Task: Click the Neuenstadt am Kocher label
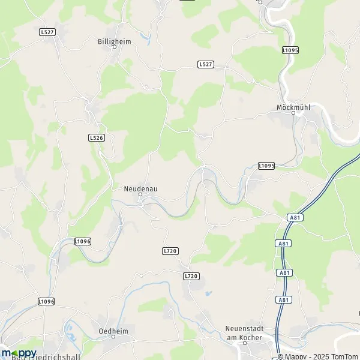pos(245,332)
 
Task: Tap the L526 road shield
pos(96,137)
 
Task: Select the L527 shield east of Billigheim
pos(205,64)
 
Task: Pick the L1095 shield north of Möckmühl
pos(289,50)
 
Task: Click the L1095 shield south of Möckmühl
pos(266,165)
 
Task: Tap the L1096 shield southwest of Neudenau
pos(83,241)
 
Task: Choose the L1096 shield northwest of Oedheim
pos(46,301)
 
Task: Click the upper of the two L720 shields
pos(170,250)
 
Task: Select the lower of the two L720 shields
pos(190,275)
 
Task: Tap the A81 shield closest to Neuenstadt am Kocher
pos(284,299)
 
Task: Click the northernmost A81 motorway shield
pos(294,217)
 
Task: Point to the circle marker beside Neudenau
pos(140,194)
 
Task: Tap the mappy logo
pos(18,353)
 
